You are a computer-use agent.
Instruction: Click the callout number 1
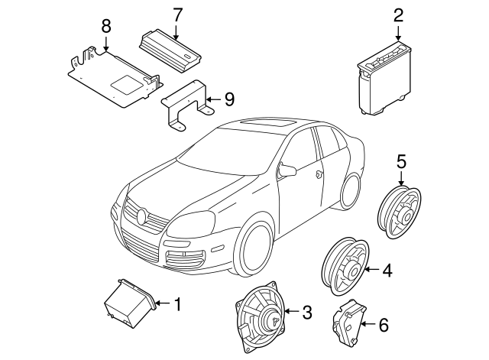[177, 305]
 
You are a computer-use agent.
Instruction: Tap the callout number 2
[398, 15]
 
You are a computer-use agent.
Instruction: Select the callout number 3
[307, 312]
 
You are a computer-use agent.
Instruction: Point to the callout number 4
[387, 269]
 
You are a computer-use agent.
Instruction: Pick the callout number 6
[384, 326]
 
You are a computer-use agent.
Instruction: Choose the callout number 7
[177, 14]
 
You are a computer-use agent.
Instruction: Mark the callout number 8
[106, 27]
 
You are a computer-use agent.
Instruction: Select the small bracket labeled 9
[186, 106]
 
